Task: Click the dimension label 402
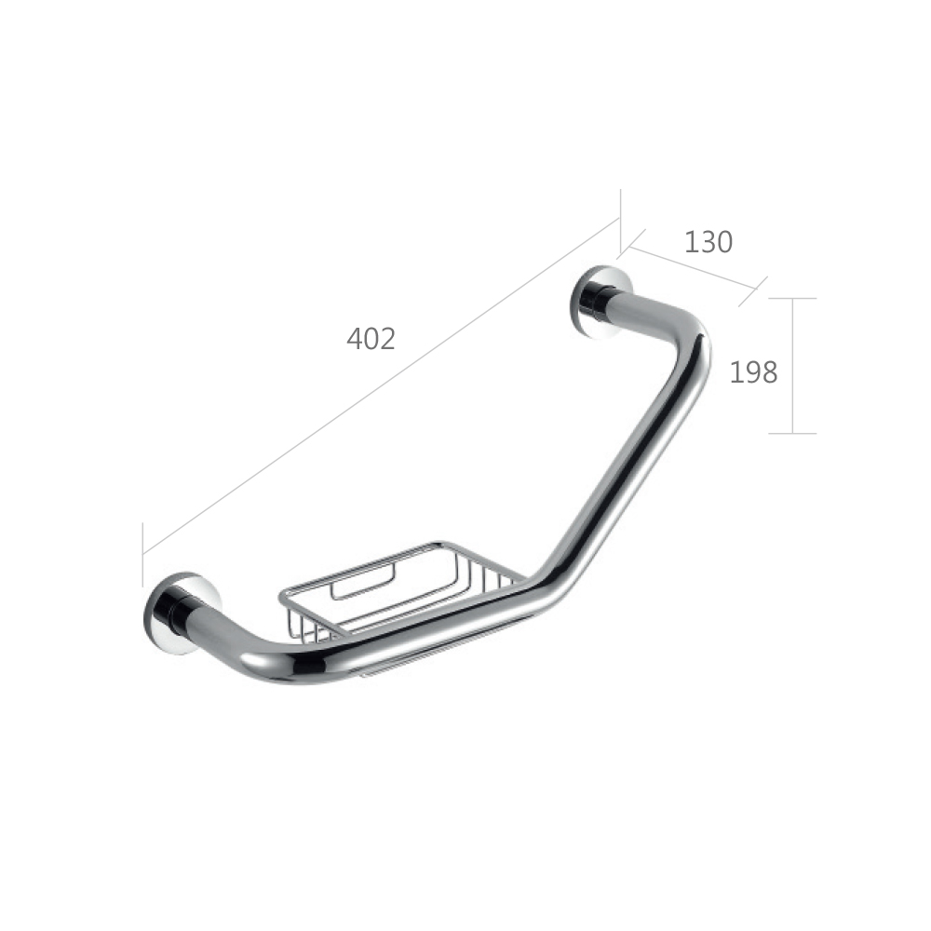[371, 339]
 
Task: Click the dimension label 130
[708, 242]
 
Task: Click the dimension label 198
[753, 373]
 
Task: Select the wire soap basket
[401, 590]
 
